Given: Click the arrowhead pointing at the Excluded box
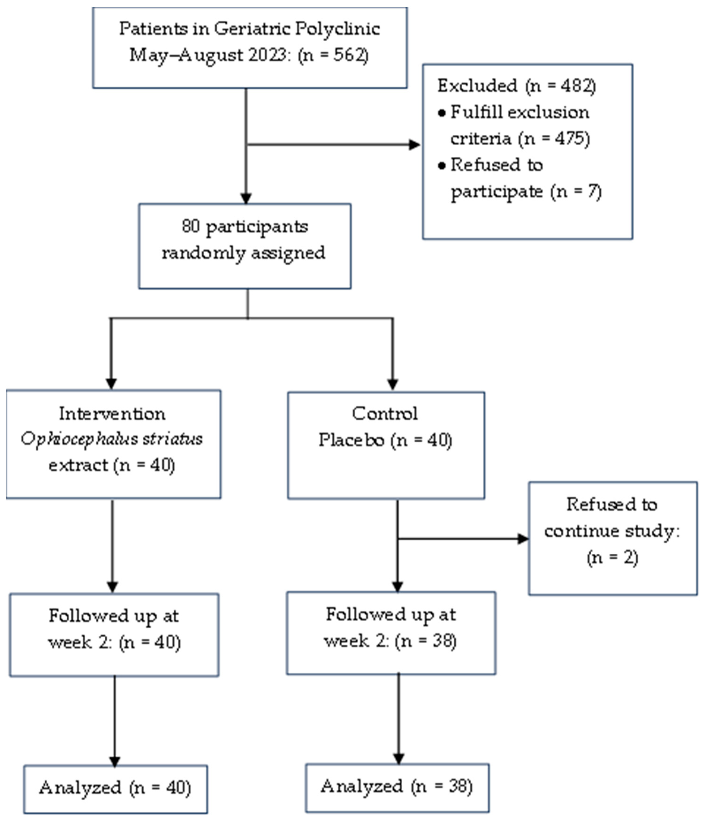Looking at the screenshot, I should coord(414,145).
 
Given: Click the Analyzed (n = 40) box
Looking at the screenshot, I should coord(115,787).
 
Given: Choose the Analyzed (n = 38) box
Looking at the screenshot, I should coord(397,786).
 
